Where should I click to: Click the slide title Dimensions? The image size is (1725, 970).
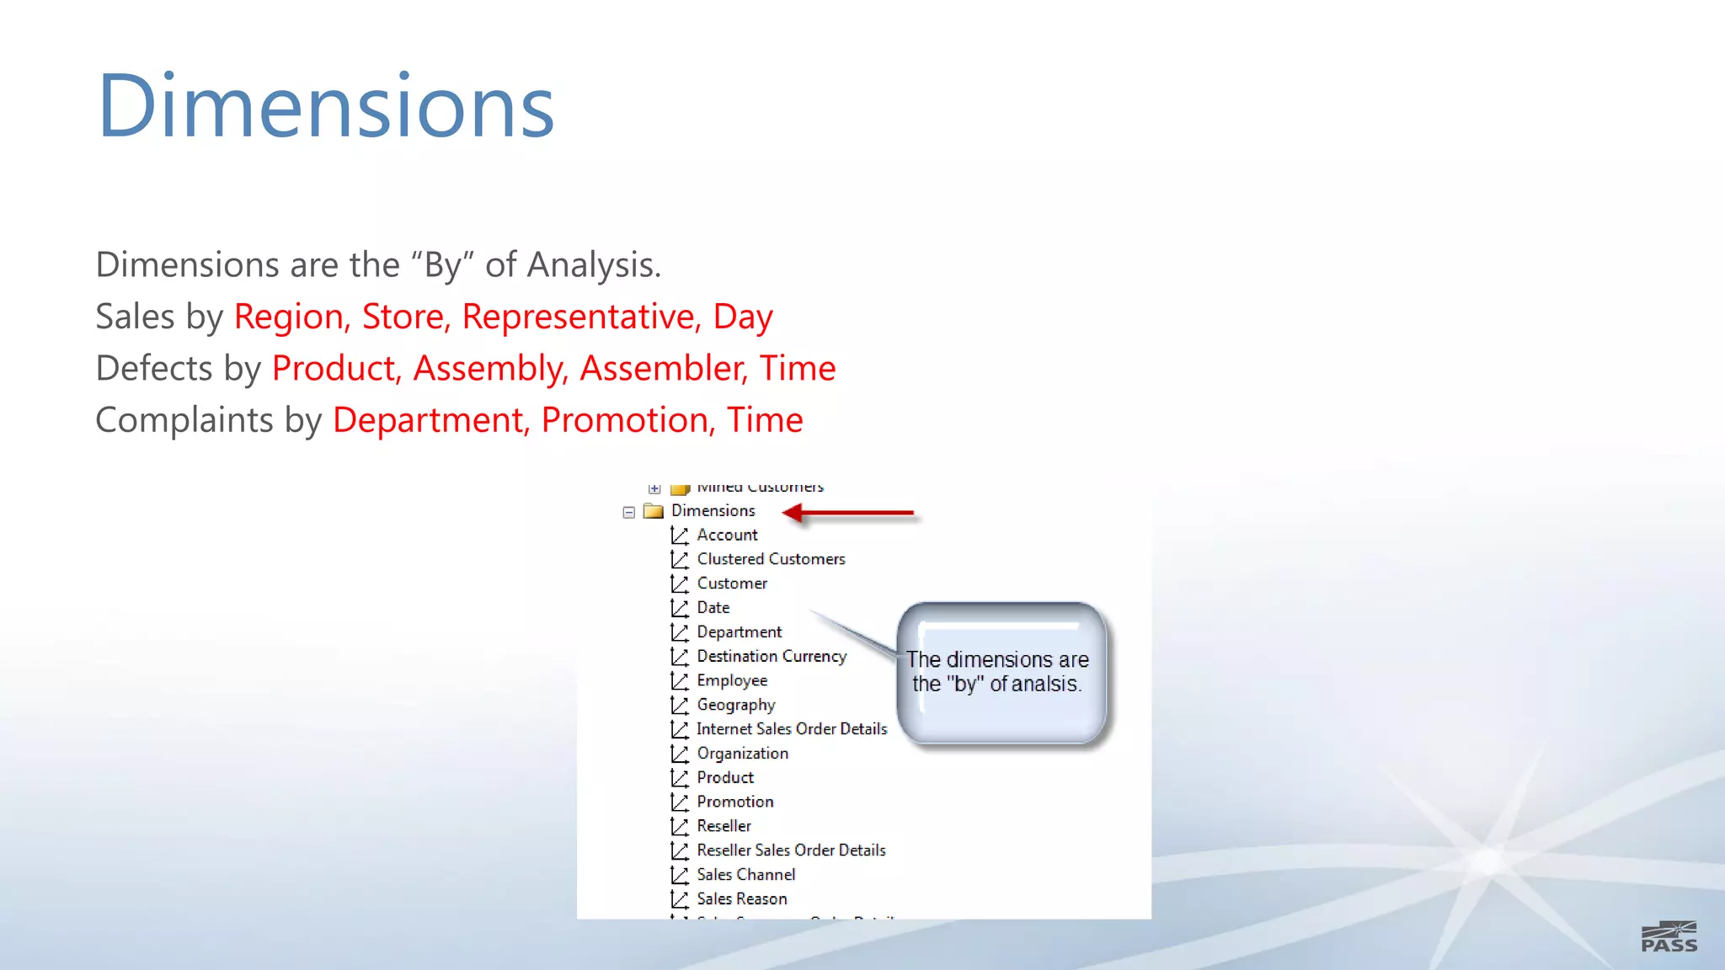point(325,107)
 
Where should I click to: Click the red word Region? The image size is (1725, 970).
point(289,317)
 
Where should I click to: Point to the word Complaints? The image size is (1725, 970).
point(184,420)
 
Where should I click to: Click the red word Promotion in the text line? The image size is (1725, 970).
point(628,420)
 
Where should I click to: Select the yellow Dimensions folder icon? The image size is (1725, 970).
point(654,510)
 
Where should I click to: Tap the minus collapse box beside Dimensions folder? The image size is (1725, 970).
point(628,512)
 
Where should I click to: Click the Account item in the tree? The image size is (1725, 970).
point(727,535)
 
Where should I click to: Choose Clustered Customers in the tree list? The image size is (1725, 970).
point(771,559)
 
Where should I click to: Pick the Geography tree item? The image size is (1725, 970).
point(735,705)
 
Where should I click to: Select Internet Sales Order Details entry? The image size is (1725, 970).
point(791,729)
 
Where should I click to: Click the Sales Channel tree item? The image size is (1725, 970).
point(745,875)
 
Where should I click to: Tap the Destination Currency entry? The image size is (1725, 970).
point(771,656)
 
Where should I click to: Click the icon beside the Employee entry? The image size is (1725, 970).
point(680,680)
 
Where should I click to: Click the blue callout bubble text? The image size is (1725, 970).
point(997,672)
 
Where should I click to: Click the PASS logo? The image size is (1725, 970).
point(1669,937)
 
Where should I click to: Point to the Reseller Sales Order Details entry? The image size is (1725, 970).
point(790,850)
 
